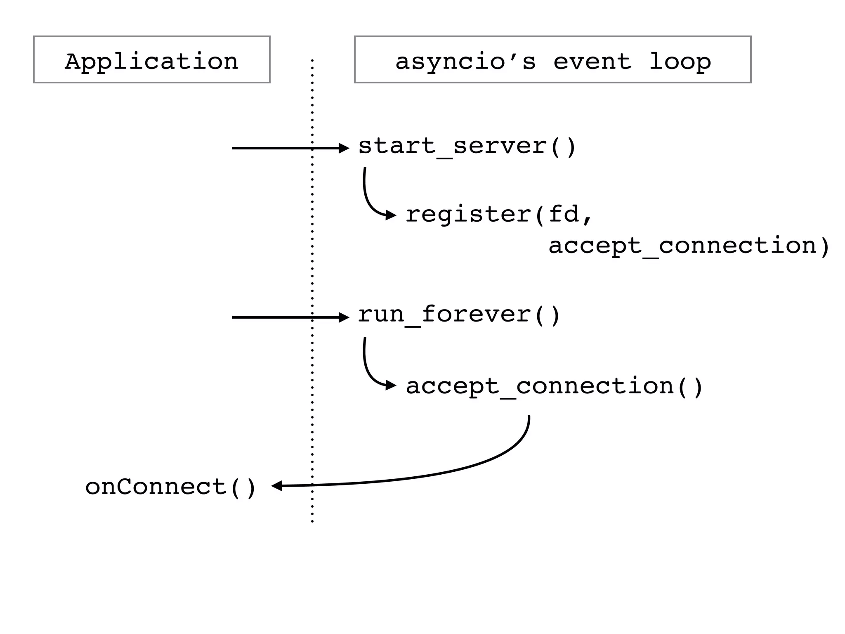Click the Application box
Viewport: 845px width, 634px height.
151,60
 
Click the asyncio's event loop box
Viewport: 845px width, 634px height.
552,60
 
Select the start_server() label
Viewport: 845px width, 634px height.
467,147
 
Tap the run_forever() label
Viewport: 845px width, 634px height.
459,315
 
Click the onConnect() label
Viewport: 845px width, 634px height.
171,487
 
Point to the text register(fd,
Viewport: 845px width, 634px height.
499,215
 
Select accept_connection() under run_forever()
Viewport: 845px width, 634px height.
554,387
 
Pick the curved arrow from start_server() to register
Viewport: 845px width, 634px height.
367,198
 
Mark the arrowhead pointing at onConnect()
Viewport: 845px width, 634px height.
276,486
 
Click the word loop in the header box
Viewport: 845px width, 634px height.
680,62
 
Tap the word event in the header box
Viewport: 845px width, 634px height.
592,62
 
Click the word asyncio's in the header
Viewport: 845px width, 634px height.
465,62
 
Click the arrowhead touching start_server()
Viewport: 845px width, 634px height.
344,148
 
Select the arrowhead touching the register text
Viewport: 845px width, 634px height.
390,215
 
